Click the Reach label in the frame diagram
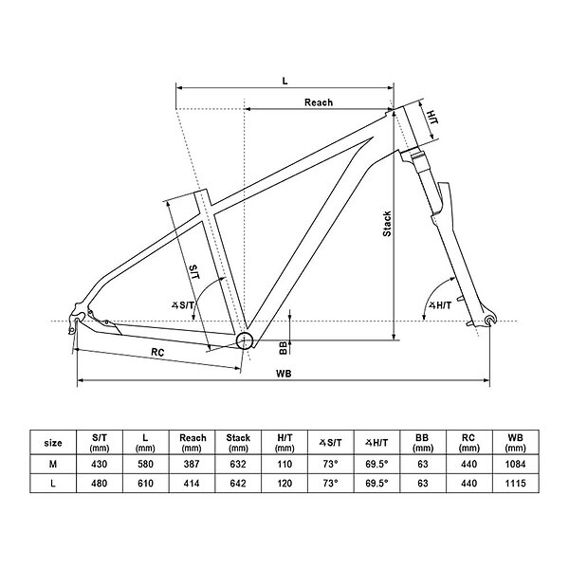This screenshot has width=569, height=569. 319,101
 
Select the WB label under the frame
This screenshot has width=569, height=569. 284,373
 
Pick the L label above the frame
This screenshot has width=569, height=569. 285,81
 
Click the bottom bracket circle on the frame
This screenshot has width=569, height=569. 246,340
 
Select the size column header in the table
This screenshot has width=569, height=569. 54,442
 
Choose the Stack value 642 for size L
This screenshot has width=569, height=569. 237,485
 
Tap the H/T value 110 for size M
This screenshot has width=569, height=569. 283,465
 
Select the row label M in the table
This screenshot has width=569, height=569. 54,465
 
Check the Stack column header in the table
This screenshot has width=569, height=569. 237,442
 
